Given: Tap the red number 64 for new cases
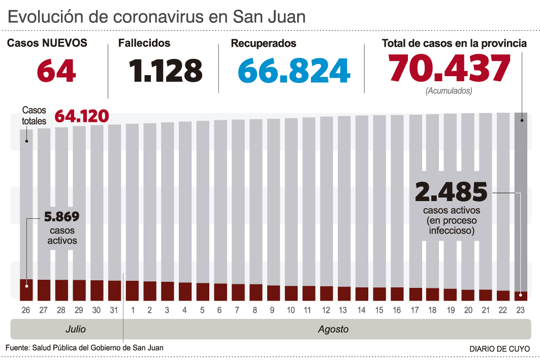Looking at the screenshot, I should (x=56, y=71).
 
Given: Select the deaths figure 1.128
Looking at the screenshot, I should (x=166, y=71).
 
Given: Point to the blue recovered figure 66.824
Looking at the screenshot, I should (x=294, y=71).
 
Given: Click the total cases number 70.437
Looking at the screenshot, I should (x=449, y=69).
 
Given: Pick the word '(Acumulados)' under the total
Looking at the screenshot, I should (x=449, y=91).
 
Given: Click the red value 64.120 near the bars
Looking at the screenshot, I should (x=81, y=116).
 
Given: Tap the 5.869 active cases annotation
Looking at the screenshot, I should (x=62, y=217).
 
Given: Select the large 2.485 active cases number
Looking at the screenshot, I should (x=451, y=192).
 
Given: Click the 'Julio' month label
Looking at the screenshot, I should (x=76, y=329).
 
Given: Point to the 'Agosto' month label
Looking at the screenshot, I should (x=333, y=329).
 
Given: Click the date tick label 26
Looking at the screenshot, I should (x=26, y=310).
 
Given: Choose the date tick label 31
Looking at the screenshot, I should (x=115, y=310).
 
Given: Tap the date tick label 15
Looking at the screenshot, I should (x=379, y=310).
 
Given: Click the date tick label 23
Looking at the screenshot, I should (x=521, y=310).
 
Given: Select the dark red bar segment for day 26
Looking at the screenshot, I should (x=26, y=289).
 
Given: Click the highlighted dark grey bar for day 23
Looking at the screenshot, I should (x=521, y=203).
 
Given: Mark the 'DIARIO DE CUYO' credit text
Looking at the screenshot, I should (x=499, y=349).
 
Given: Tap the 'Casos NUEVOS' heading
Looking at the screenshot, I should (x=47, y=44).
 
